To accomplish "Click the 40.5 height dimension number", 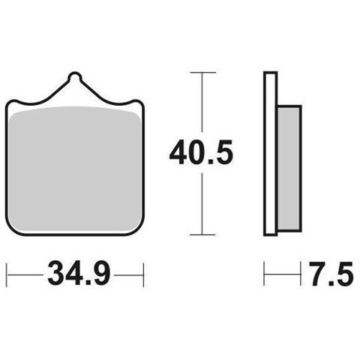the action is click(x=201, y=152).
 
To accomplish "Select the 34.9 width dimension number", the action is click(x=79, y=274).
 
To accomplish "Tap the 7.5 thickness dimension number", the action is click(x=332, y=274).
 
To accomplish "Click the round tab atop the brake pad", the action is click(x=75, y=76).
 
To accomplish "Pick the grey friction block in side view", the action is click(x=289, y=168).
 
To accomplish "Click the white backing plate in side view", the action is click(x=271, y=154).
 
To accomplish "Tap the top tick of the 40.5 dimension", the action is click(x=202, y=73).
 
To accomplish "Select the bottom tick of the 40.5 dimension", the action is click(x=202, y=235).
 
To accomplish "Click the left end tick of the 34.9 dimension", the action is click(x=7, y=274).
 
